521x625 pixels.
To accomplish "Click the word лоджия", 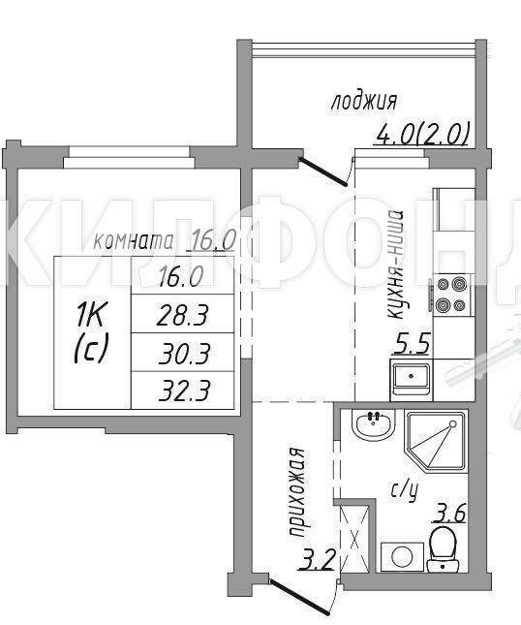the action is coord(364,102).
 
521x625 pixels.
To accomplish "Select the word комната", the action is coord(134,241).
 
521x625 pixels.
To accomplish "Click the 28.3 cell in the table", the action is coord(182,314).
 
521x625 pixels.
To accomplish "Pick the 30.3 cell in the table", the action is coord(182,353).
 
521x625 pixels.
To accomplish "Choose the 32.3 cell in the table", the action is coord(182,391).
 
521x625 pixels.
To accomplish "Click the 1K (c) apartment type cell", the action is coord(92,332).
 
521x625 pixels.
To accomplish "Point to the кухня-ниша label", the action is coord(395,265).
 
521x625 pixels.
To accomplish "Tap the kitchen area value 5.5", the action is coord(413,344).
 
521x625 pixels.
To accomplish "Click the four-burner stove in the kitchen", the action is coord(452,296).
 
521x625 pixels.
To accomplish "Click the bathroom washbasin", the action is coord(373,425).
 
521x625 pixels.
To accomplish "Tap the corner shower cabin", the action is coord(436,442).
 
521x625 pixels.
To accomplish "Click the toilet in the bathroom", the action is coord(443,548).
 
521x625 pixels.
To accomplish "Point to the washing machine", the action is coord(402,557).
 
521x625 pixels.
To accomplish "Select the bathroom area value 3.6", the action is coord(448,513).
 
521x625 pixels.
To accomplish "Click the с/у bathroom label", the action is coord(404,491).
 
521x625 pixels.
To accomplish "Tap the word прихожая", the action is coord(296,492).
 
